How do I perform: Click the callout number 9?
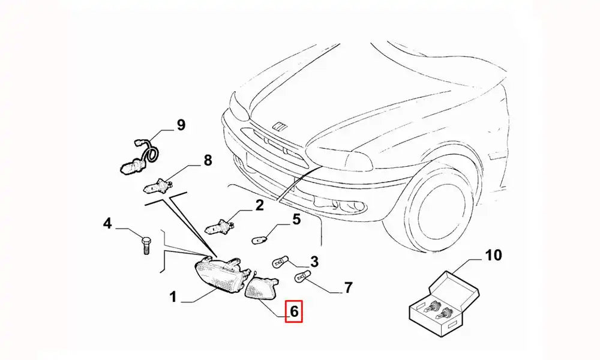(181, 125)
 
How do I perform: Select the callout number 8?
(208, 160)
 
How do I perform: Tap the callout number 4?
(107, 224)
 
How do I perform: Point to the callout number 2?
(259, 206)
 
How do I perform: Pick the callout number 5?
(296, 219)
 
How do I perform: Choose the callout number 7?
(348, 288)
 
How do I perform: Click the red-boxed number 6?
(294, 311)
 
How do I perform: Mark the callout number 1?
(173, 296)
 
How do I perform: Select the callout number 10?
(493, 256)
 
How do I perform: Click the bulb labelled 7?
(302, 277)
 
